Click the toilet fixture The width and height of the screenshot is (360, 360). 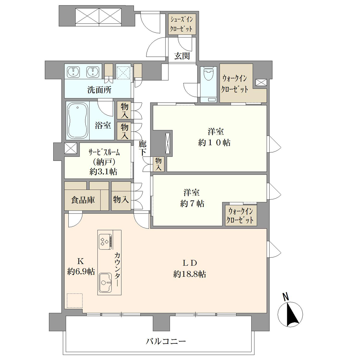pos(208,74)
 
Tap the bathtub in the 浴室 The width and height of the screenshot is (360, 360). pos(78,121)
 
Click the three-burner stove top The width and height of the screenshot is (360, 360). pos(105,242)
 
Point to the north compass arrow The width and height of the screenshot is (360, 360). pos(290,314)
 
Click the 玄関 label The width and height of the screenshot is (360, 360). pos(182,55)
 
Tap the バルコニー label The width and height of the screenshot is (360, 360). pos(166,341)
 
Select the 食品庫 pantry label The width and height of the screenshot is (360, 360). pos(83,200)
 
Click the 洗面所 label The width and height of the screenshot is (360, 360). pos(99,90)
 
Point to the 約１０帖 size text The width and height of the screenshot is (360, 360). pos(215,143)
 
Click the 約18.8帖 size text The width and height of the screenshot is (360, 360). pos(190,274)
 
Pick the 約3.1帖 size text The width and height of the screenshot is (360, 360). pos(103,171)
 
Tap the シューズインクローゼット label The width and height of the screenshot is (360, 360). pos(181,24)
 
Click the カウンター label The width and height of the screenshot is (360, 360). pos(117,269)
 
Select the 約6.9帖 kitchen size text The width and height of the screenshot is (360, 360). pos(81,271)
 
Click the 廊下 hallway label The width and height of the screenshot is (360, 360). pos(142,148)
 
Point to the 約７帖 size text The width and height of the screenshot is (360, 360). pos(192,203)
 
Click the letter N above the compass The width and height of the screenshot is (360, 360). pos(285,297)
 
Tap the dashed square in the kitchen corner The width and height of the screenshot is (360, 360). pos(75,300)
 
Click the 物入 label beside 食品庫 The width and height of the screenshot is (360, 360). pos(121,199)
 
